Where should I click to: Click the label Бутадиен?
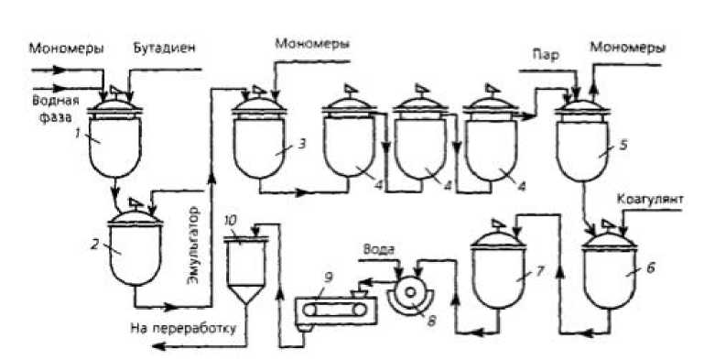click(164, 49)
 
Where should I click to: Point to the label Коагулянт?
click(650, 199)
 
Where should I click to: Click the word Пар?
click(546, 55)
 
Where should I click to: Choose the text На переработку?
click(183, 328)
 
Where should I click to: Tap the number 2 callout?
click(96, 245)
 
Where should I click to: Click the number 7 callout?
click(540, 270)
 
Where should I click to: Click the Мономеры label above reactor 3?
click(312, 44)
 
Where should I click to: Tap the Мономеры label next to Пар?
click(627, 48)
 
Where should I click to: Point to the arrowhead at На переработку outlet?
click(157, 345)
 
